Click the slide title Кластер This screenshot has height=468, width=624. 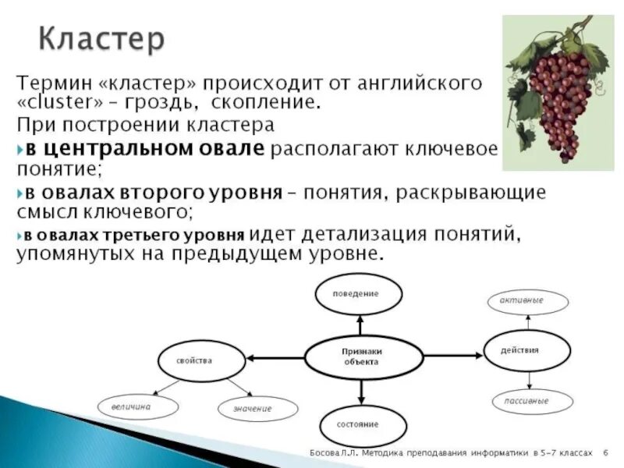tap(101, 38)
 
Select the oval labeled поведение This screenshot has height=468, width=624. tap(359, 294)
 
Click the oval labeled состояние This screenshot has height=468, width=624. tap(363, 424)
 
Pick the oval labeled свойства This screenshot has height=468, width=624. tap(194, 361)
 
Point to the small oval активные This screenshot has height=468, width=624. tap(526, 301)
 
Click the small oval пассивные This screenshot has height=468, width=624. tap(531, 402)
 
